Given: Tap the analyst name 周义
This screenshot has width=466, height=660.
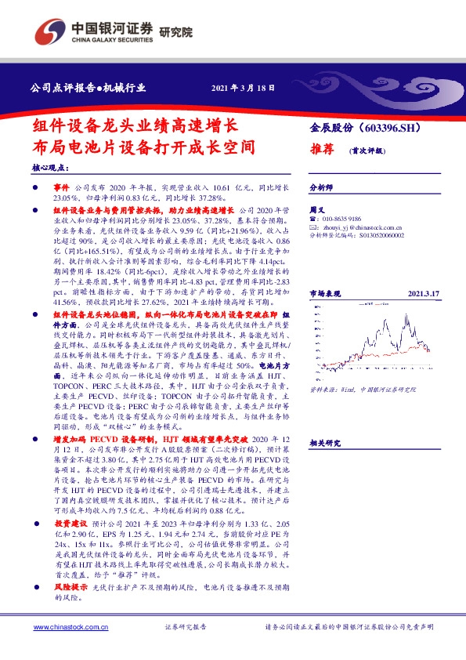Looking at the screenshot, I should click(317, 210).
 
